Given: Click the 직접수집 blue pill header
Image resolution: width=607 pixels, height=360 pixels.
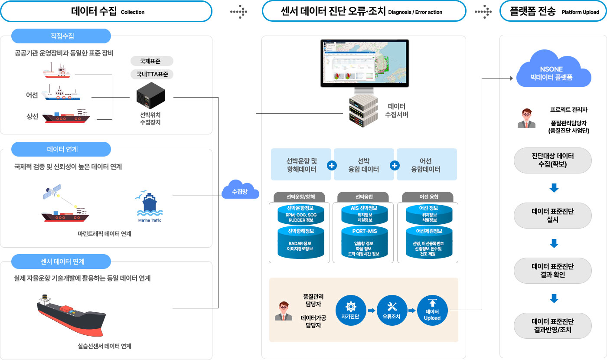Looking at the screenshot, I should (61, 36).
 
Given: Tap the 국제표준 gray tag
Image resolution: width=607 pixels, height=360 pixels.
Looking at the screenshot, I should (152, 61).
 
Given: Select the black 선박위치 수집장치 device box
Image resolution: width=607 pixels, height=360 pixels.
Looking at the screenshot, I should (150, 96).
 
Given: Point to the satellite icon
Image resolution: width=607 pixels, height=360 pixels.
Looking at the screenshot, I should (52, 192).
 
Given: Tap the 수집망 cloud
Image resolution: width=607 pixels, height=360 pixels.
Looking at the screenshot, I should (240, 190).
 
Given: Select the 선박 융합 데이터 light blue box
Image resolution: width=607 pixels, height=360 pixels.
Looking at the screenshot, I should (364, 165).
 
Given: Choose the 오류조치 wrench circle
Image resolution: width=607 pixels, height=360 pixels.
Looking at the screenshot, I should (392, 310).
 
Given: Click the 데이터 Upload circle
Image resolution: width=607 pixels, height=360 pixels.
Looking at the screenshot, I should (432, 310).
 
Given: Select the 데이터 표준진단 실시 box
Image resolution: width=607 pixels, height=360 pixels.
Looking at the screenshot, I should (552, 215).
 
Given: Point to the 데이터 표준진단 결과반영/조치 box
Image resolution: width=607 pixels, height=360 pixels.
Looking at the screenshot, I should (552, 325).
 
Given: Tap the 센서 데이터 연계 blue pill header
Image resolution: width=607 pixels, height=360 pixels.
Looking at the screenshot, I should (61, 262).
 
